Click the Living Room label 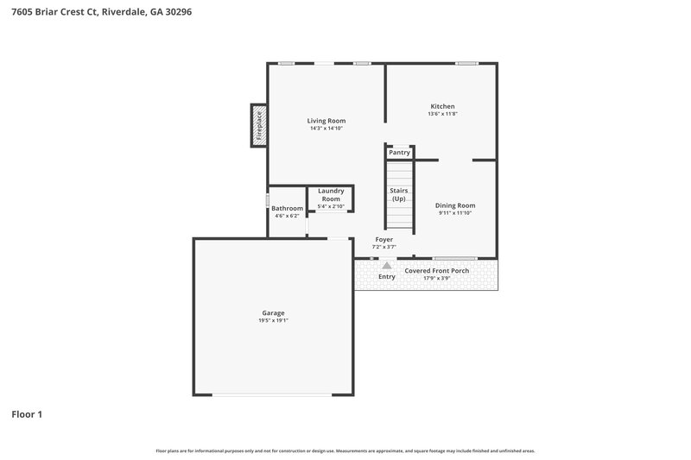tap(326, 121)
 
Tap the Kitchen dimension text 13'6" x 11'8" tap(441, 114)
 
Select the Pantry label tap(399, 153)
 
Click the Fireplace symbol tap(257, 125)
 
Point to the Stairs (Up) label tap(399, 194)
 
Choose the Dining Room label tap(455, 205)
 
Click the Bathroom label tap(287, 208)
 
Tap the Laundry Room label tap(331, 195)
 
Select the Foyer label tap(384, 239)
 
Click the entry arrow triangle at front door tap(386, 266)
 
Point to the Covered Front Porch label tap(437, 270)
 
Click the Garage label tap(273, 312)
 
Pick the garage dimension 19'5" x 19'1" tap(273, 320)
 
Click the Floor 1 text tap(27, 414)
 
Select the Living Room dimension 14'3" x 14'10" tap(326, 129)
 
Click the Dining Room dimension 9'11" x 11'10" tap(455, 213)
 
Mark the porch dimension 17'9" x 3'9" tap(437, 278)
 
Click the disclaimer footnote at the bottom tap(345, 451)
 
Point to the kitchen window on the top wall tap(466, 63)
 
